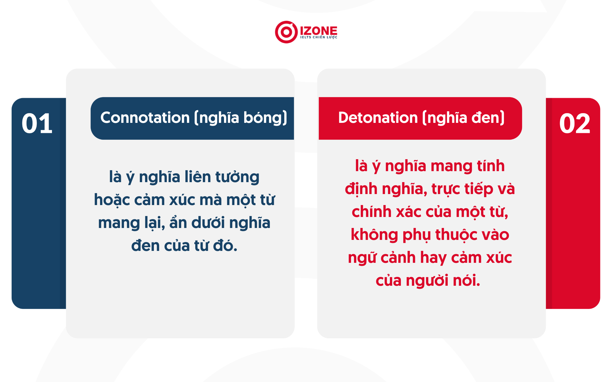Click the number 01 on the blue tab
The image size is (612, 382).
point(37,123)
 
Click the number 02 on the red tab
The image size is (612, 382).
point(574,123)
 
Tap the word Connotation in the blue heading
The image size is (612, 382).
point(145,118)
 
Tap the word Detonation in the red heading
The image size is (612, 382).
point(378,118)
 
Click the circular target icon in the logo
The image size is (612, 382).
point(286,32)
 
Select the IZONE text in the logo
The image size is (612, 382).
point(318,30)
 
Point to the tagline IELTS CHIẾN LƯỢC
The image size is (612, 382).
point(319,37)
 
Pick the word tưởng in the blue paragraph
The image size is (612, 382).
point(237,177)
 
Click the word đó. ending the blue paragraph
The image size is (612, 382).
point(225,246)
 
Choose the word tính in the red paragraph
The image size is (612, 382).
point(489,166)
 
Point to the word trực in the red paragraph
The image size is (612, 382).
point(446,189)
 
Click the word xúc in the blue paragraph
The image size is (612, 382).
point(182,200)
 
